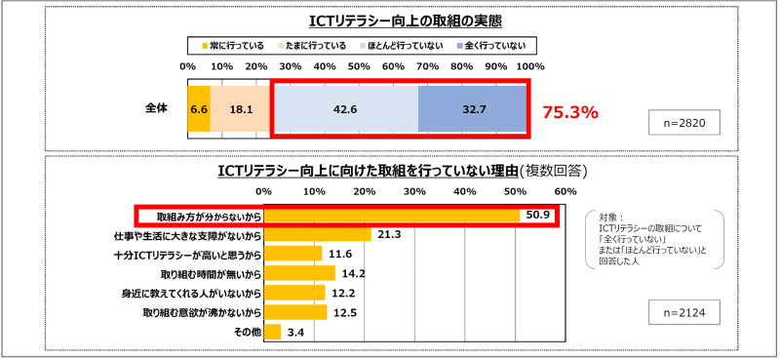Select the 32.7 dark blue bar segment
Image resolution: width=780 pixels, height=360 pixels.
[x=473, y=109]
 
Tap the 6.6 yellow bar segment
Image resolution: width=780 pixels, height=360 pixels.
[x=199, y=109]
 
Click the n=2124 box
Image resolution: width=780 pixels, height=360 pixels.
[x=685, y=313]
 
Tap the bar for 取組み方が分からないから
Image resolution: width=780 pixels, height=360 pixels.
[x=390, y=215]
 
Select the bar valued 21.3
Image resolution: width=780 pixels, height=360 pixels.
[x=318, y=234]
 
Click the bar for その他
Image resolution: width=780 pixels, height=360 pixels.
[x=272, y=332]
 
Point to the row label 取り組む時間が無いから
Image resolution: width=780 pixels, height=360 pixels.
[x=202, y=273]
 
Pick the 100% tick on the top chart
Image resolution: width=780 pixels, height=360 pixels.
[x=529, y=66]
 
